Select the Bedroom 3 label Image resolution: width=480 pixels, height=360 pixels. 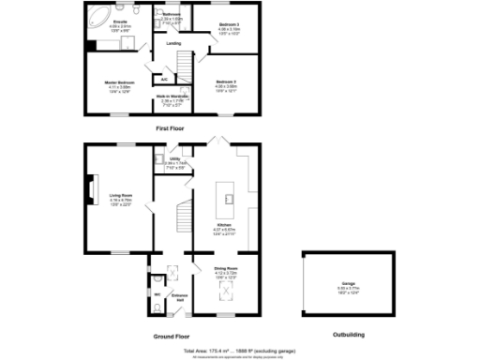coord(229,26)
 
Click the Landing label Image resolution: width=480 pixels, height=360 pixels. coord(173,43)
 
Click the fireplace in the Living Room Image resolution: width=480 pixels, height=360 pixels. coord(91,191)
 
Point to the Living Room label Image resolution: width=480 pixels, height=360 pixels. coord(121,198)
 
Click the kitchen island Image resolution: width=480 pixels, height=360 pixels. coord(225,195)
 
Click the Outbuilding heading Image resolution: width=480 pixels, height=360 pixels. coord(336,335)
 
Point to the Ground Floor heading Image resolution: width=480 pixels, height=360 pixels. coord(172,335)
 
